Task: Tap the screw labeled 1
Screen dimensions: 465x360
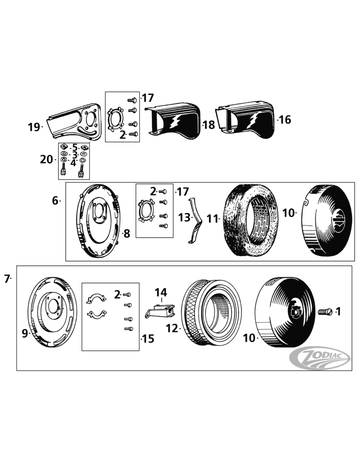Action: pyautogui.click(x=324, y=311)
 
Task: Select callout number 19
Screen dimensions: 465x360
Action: pyautogui.click(x=34, y=127)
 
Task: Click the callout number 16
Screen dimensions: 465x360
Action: pyautogui.click(x=285, y=120)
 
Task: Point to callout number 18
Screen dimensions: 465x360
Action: pyautogui.click(x=209, y=125)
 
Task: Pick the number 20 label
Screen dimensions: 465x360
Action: pyautogui.click(x=46, y=160)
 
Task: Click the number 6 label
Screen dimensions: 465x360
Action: pyautogui.click(x=55, y=200)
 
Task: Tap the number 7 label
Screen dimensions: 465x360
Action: pyautogui.click(x=7, y=279)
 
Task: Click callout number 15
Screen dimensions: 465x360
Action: pyautogui.click(x=148, y=338)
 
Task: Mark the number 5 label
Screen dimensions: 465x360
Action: pyautogui.click(x=75, y=147)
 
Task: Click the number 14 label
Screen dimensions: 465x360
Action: pyautogui.click(x=161, y=292)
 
